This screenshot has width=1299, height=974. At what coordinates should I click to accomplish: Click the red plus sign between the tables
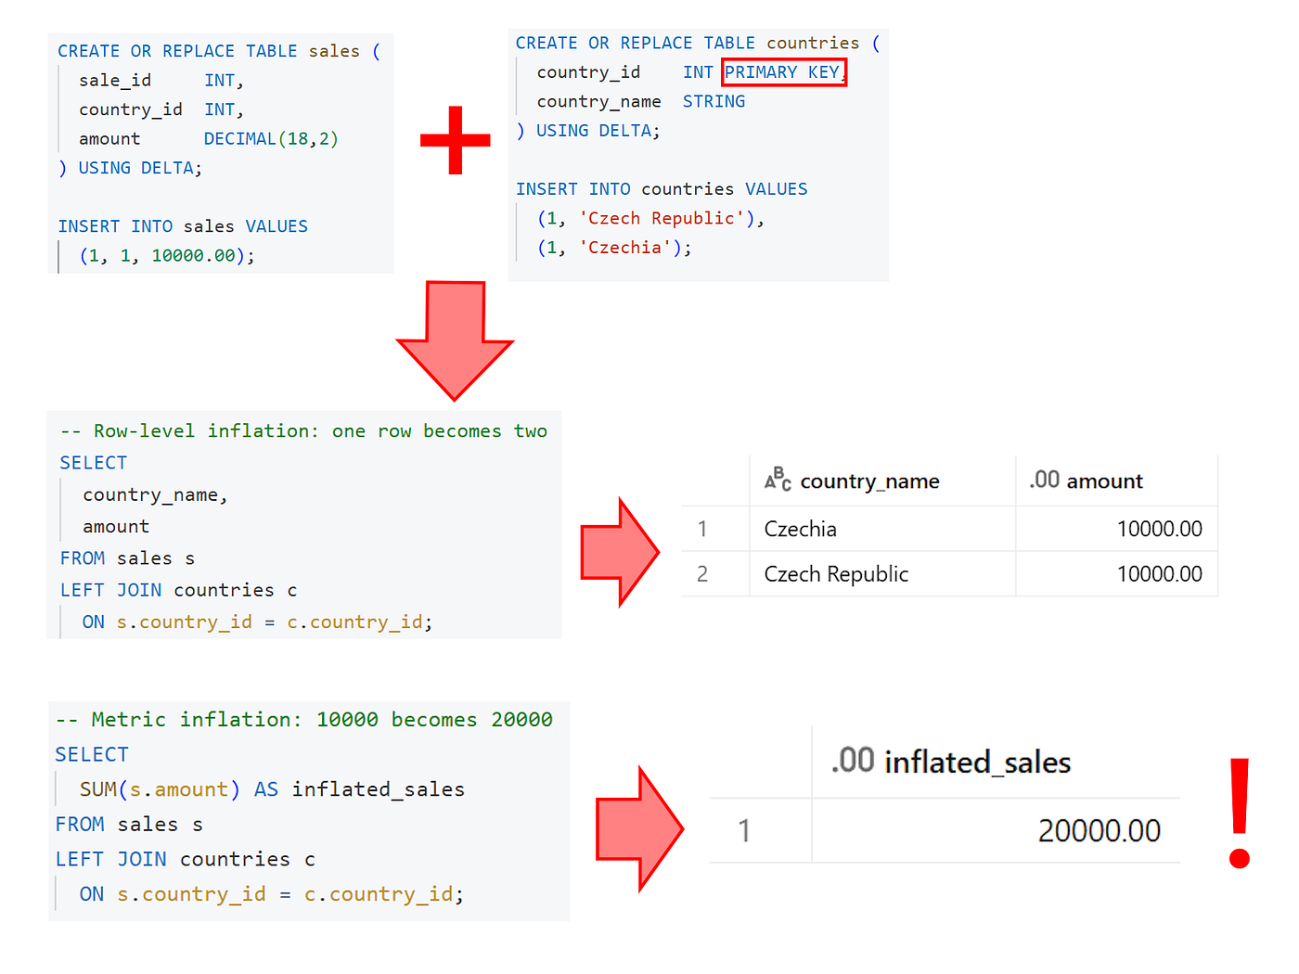click(455, 140)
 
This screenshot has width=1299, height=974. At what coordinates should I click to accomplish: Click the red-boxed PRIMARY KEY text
click(783, 72)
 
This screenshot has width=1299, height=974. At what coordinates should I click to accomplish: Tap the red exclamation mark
click(1240, 813)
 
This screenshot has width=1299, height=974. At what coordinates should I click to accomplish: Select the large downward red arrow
click(455, 340)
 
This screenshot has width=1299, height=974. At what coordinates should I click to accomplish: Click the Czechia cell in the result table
click(800, 529)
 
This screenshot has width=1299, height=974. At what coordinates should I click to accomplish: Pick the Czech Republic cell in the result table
click(836, 573)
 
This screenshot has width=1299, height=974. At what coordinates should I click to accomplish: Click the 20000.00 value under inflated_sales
click(1099, 831)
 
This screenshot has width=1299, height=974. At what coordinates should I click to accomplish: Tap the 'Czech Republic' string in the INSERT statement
click(661, 218)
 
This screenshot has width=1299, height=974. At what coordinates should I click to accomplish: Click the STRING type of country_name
click(714, 101)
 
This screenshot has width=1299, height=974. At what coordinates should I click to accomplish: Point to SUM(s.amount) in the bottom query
click(160, 789)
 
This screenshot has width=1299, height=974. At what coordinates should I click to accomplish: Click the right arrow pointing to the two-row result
click(619, 552)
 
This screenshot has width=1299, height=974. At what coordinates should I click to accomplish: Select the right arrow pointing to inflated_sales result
click(639, 829)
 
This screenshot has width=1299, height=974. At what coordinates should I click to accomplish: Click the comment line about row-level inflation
click(303, 430)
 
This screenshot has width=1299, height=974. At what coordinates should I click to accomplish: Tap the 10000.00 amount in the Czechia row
click(1159, 529)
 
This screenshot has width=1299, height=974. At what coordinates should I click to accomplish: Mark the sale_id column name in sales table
click(115, 80)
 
